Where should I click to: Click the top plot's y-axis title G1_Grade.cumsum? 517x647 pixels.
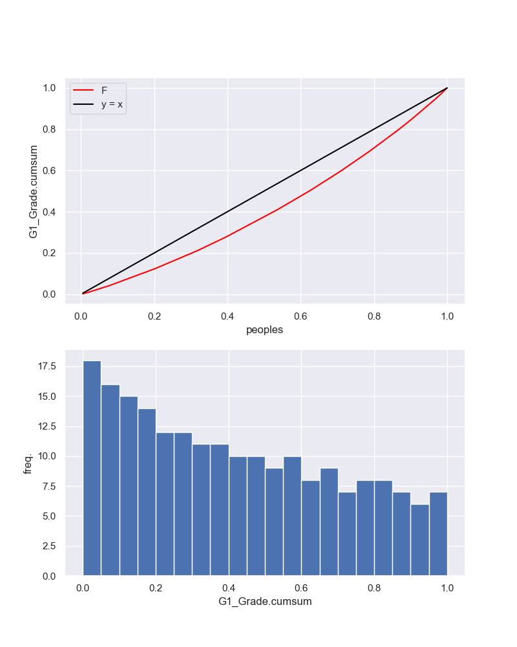pyautogui.click(x=34, y=191)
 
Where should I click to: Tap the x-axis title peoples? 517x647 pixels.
pyautogui.click(x=264, y=329)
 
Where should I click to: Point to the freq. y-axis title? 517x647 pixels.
pyautogui.click(x=28, y=463)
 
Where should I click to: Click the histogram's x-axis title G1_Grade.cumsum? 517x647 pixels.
pyautogui.click(x=265, y=601)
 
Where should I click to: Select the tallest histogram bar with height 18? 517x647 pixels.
pyautogui.click(x=92, y=468)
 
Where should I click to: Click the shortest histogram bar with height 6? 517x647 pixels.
pyautogui.click(x=420, y=540)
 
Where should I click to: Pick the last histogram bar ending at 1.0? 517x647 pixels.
pyautogui.click(x=438, y=534)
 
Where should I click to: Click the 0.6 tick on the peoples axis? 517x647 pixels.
pyautogui.click(x=301, y=316)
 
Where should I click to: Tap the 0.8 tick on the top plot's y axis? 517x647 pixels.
pyautogui.click(x=49, y=129)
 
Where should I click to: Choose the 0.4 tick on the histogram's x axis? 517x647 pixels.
pyautogui.click(x=228, y=588)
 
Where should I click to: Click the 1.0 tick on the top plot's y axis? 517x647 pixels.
pyautogui.click(x=49, y=88)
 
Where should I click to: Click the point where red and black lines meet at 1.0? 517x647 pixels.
pyautogui.click(x=447, y=88)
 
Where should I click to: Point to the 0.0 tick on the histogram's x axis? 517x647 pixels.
pyautogui.click(x=83, y=588)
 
